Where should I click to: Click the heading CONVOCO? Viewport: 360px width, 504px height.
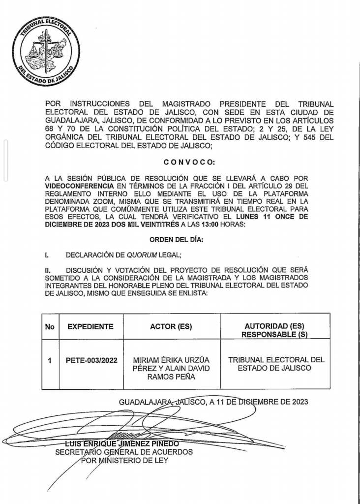[189, 162]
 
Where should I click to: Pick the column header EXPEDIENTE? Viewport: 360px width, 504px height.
[90, 326]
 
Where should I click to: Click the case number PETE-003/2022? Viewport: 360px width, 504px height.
[91, 360]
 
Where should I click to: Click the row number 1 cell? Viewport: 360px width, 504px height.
[49, 360]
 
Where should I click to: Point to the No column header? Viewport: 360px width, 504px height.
[49, 326]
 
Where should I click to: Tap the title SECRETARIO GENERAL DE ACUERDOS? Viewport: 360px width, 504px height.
[123, 452]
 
